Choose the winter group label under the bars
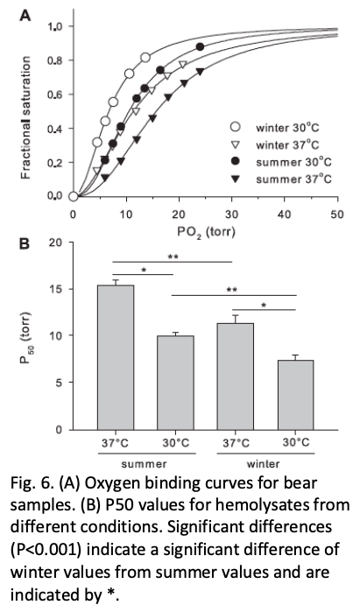point(265,462)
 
